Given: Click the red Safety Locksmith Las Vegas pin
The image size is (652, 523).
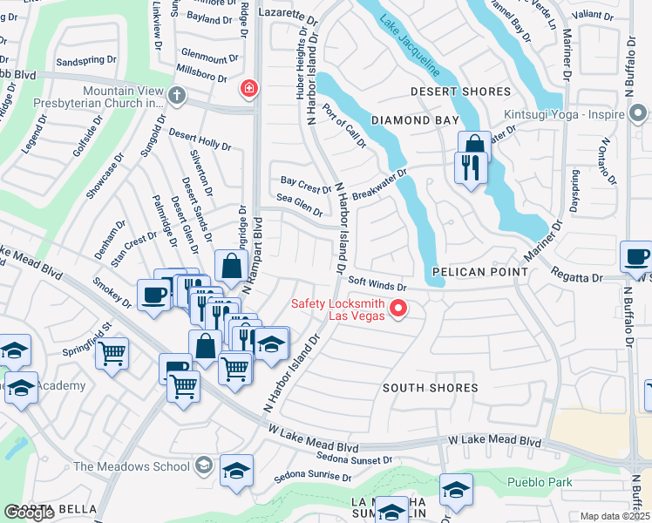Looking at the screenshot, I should tap(399, 308).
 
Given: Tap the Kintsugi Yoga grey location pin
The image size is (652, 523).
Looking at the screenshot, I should tap(637, 114).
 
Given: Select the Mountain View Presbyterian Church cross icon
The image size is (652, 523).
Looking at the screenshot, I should tap(177, 96).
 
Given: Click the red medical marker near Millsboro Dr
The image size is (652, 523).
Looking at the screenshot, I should tap(248, 88).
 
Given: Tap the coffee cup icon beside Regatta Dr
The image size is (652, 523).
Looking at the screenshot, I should tap(635, 256).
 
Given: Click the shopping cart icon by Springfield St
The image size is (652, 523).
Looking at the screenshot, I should tap(112, 353).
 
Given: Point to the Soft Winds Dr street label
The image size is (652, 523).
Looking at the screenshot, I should tap(377, 285).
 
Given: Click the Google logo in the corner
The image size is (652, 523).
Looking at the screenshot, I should tap(29, 513).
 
